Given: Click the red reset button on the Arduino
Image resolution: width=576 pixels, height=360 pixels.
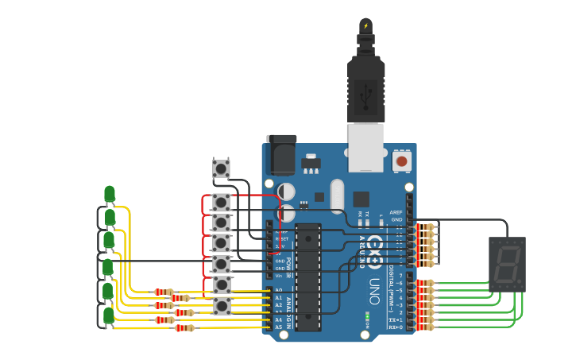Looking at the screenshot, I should (401, 161).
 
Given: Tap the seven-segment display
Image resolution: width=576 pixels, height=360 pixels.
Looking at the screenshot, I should (507, 264).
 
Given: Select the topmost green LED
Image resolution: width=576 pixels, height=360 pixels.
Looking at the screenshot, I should (110, 194).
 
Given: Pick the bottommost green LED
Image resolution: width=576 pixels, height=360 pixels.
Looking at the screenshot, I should (109, 315).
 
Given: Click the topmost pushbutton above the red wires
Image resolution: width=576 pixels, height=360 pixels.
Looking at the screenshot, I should (221, 168).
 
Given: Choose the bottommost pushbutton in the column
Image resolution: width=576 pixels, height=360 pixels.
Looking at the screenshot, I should (222, 305).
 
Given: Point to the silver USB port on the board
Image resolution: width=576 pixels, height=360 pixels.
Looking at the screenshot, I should (365, 148).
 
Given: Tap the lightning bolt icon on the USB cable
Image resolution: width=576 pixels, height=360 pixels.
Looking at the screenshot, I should (365, 26).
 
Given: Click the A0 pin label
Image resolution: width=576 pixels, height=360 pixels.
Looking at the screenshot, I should (279, 290).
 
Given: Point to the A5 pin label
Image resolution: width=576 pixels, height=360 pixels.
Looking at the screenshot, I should (279, 327).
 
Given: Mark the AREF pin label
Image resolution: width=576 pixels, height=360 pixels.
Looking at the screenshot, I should (396, 212).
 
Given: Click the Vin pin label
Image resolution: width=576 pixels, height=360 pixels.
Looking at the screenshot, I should (279, 276).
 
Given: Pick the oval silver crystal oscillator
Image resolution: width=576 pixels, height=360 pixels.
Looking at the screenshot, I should (337, 195).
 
